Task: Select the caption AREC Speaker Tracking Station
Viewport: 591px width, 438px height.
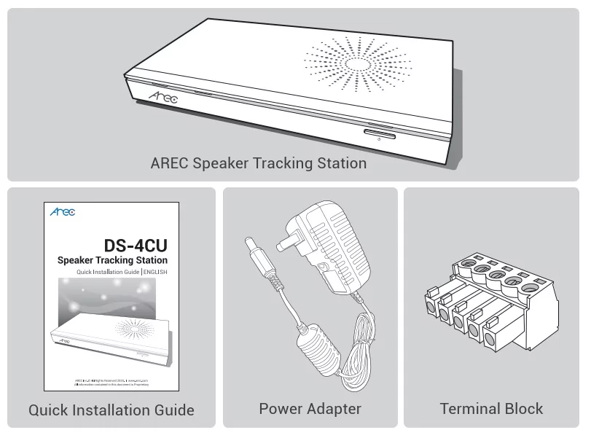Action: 258,163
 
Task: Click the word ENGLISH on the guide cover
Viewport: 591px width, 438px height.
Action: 154,272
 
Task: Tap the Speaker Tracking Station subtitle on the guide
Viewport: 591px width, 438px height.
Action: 112,260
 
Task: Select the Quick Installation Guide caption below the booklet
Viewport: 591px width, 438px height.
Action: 111,410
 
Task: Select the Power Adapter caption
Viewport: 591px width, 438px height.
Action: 310,409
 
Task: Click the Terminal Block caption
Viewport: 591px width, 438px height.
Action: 491,409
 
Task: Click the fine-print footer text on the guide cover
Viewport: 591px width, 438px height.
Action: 111,381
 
